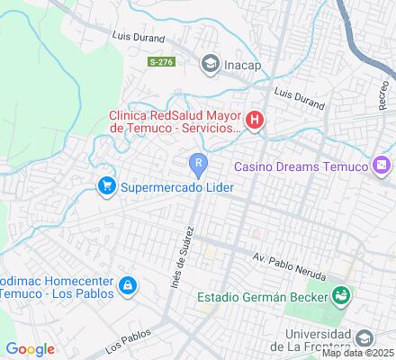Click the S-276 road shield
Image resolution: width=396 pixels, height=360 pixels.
161,61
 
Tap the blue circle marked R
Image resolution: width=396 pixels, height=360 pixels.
197,163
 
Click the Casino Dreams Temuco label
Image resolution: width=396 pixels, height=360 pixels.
301,166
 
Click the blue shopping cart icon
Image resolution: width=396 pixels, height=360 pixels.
107,186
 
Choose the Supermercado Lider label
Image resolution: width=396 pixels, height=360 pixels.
177,186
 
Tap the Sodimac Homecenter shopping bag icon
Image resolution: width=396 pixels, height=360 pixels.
129,286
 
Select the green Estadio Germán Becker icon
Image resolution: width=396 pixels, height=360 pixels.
340,295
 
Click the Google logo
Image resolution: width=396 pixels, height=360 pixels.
30,349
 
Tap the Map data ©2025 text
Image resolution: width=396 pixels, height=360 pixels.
359,353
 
